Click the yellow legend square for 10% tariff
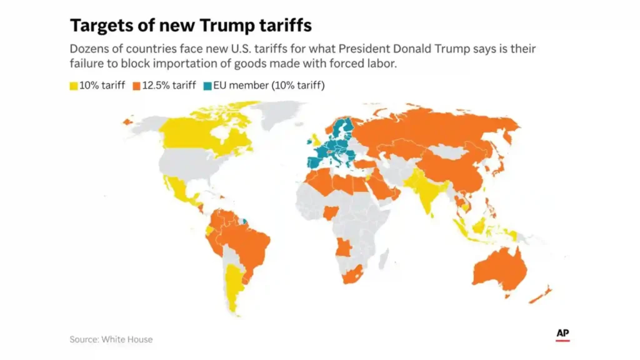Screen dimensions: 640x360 [x=74, y=86]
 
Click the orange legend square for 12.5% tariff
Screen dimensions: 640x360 [x=136, y=86]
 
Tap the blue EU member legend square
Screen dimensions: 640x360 [x=207, y=86]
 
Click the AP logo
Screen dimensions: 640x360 [x=562, y=334]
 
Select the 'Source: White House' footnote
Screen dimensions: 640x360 [x=111, y=339]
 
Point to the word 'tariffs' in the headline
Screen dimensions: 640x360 [x=286, y=25]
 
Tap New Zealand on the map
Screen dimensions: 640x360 [x=541, y=295]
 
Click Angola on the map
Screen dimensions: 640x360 [x=344, y=247]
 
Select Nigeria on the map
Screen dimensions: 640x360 [x=331, y=212]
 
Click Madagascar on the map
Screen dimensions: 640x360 [x=383, y=261]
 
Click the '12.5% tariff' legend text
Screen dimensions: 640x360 [x=169, y=85]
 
